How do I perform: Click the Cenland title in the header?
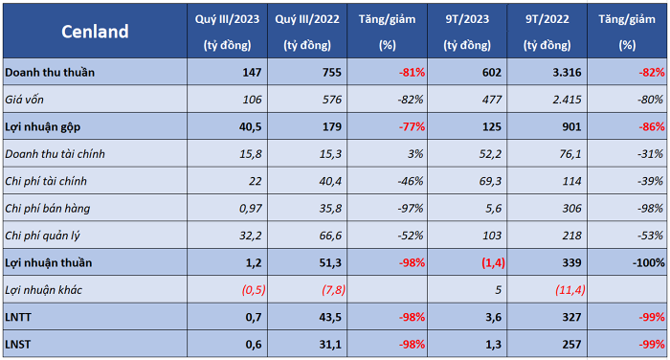pos(95,32)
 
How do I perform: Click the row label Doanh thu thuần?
pos(50,72)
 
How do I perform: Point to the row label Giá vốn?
pos(24,100)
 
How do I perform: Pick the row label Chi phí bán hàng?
pos(48,209)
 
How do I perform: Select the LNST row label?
pos(17,345)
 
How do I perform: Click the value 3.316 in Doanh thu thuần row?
pos(567,72)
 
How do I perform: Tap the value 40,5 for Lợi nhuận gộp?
pos(250,127)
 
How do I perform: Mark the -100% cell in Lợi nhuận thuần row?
pos(649,263)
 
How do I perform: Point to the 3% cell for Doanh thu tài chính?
pos(415,154)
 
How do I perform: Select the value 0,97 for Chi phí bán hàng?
pos(251,209)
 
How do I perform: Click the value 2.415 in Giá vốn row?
pos(567,100)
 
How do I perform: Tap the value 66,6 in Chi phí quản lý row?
pos(330,236)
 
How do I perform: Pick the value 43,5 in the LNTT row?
pos(330,317)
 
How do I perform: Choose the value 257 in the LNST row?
pos(571,345)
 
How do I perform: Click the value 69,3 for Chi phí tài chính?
pos(490,181)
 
